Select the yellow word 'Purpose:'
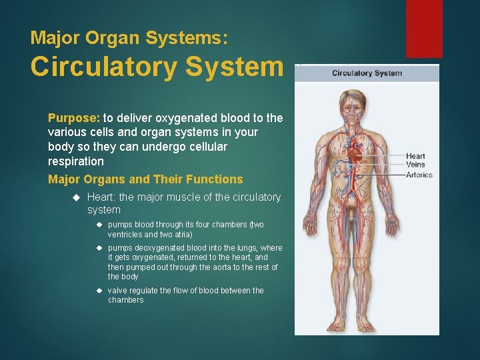coord(73,118)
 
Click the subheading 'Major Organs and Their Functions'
coord(145,179)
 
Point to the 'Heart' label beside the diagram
coord(415,157)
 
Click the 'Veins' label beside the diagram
coord(415,165)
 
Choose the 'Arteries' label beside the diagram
coord(419,175)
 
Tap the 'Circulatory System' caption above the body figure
coord(367,73)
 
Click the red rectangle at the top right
coord(424,28)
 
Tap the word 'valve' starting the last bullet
coord(118,291)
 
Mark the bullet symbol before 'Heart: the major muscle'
coord(75,197)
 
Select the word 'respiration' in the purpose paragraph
coord(76,161)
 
